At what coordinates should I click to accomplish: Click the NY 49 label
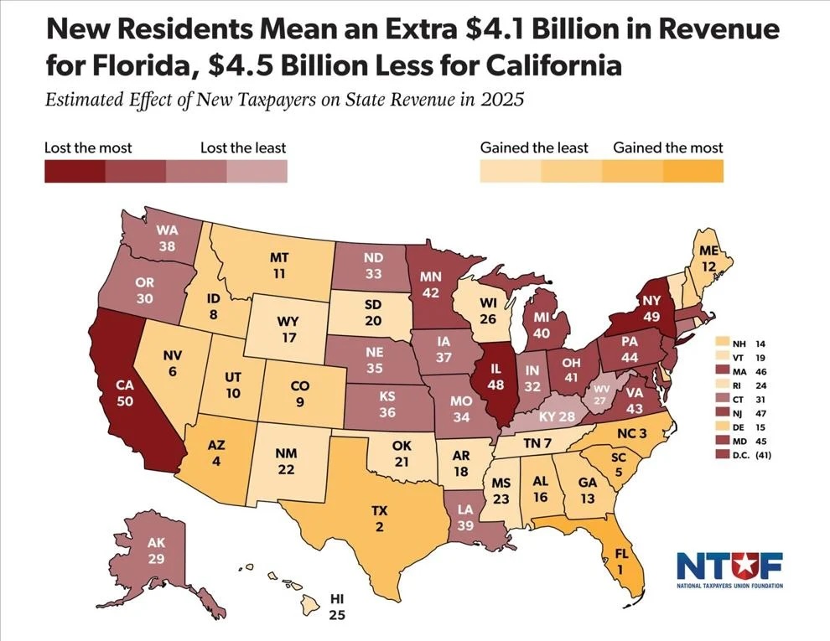coord(652,308)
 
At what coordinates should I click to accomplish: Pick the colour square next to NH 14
coord(719,344)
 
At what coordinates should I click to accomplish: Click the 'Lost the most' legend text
coord(88,147)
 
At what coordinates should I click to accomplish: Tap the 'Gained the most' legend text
coord(667,147)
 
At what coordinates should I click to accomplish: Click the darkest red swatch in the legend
coord(75,171)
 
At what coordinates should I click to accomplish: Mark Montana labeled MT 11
coord(279,266)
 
